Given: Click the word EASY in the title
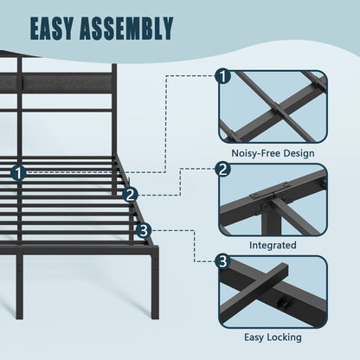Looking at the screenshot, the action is pyautogui.click(x=51, y=28).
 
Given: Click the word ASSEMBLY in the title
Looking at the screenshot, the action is pyautogui.click(x=126, y=28).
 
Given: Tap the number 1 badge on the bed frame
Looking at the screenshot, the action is pyautogui.click(x=18, y=173).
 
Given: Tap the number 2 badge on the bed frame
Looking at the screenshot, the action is pyautogui.click(x=130, y=196).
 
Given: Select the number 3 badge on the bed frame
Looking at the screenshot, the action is pyautogui.click(x=144, y=230).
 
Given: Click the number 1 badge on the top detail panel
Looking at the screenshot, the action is pyautogui.click(x=222, y=76).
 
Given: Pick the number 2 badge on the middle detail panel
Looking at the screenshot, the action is pyautogui.click(x=222, y=170).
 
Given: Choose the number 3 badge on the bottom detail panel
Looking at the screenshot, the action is pyautogui.click(x=222, y=261).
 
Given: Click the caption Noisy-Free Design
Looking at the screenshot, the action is pyautogui.click(x=273, y=153).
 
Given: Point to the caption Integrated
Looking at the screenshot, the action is pyautogui.click(x=273, y=245).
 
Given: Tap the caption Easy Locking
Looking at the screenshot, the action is pyautogui.click(x=273, y=337).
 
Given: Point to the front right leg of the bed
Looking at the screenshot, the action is pyautogui.click(x=155, y=286).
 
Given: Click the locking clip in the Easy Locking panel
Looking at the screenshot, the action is pyautogui.click(x=283, y=303).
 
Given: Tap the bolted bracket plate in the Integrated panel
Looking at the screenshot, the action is pyautogui.click(x=269, y=191).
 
